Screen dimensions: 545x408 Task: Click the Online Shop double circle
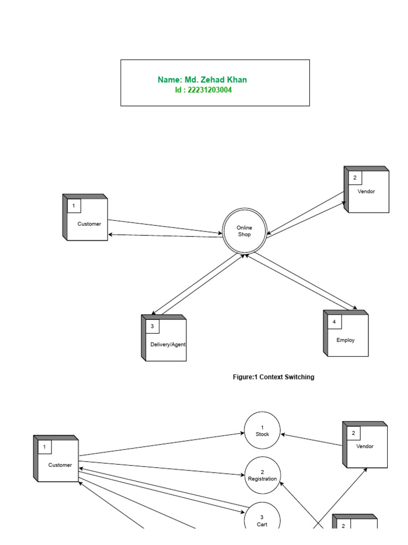(244, 231)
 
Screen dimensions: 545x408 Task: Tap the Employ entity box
(347, 335)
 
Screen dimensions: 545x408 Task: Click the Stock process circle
(262, 431)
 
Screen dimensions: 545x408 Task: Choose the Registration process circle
(262, 475)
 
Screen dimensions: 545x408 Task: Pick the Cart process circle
(262, 518)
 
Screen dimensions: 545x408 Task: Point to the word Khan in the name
(236, 80)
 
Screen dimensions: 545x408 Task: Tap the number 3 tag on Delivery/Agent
(152, 326)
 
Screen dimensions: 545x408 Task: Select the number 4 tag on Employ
(334, 322)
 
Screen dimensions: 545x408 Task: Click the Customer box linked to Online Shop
(87, 219)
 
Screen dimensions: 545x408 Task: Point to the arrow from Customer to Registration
(159, 468)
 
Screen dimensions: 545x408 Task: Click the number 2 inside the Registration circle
(262, 472)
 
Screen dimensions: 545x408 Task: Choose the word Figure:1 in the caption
(245, 377)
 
